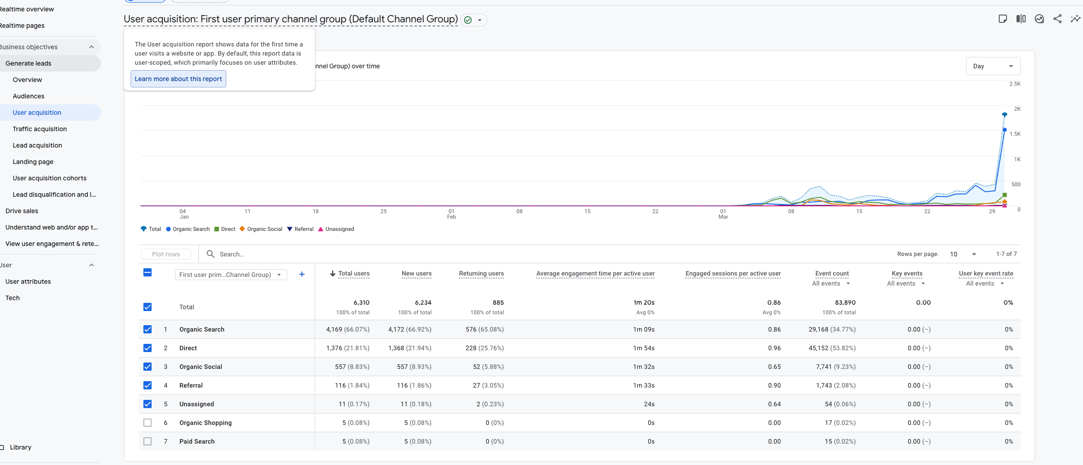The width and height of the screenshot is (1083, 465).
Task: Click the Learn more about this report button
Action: pos(178,79)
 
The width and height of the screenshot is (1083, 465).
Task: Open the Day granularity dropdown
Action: pos(993,66)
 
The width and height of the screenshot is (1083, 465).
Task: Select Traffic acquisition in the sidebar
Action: pos(40,129)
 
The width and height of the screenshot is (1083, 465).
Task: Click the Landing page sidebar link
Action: pos(33,162)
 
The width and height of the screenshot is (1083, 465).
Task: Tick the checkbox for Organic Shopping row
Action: pos(147,423)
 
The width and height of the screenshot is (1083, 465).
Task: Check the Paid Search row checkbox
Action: pos(147,441)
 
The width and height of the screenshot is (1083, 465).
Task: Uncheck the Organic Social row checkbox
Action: pos(147,367)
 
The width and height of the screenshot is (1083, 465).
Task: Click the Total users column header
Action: pos(354,273)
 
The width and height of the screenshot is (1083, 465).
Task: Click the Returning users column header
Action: pos(481,273)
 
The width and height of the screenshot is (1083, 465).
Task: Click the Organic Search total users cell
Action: pos(348,329)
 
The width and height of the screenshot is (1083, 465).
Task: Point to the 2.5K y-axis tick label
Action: pos(1015,84)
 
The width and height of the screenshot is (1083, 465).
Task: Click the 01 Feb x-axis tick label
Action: pos(451,214)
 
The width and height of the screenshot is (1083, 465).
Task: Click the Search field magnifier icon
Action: pos(210,254)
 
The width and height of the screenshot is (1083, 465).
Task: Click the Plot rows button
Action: pos(166,254)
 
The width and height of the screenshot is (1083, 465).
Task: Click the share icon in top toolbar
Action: pos(1057,19)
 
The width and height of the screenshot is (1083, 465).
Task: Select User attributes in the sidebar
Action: pos(28,281)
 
